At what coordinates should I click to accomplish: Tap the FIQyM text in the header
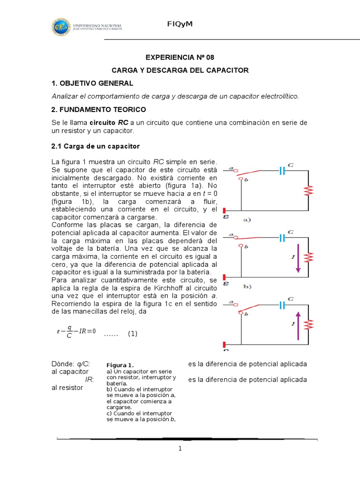tap(180, 24)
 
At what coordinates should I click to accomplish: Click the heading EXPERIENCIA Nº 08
tap(180, 58)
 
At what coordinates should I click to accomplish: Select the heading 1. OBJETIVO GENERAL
tap(92, 83)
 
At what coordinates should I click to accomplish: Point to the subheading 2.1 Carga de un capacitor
tap(96, 146)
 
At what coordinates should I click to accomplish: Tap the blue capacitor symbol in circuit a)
tap(282, 171)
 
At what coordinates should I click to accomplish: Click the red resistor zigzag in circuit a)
tap(308, 191)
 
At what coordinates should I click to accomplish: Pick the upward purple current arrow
tap(296, 324)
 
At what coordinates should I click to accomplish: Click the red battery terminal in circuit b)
tap(225, 277)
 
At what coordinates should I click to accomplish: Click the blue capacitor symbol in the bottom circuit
tap(282, 305)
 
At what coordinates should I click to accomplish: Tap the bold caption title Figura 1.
tap(120, 365)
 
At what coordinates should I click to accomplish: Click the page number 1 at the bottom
tap(180, 449)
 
